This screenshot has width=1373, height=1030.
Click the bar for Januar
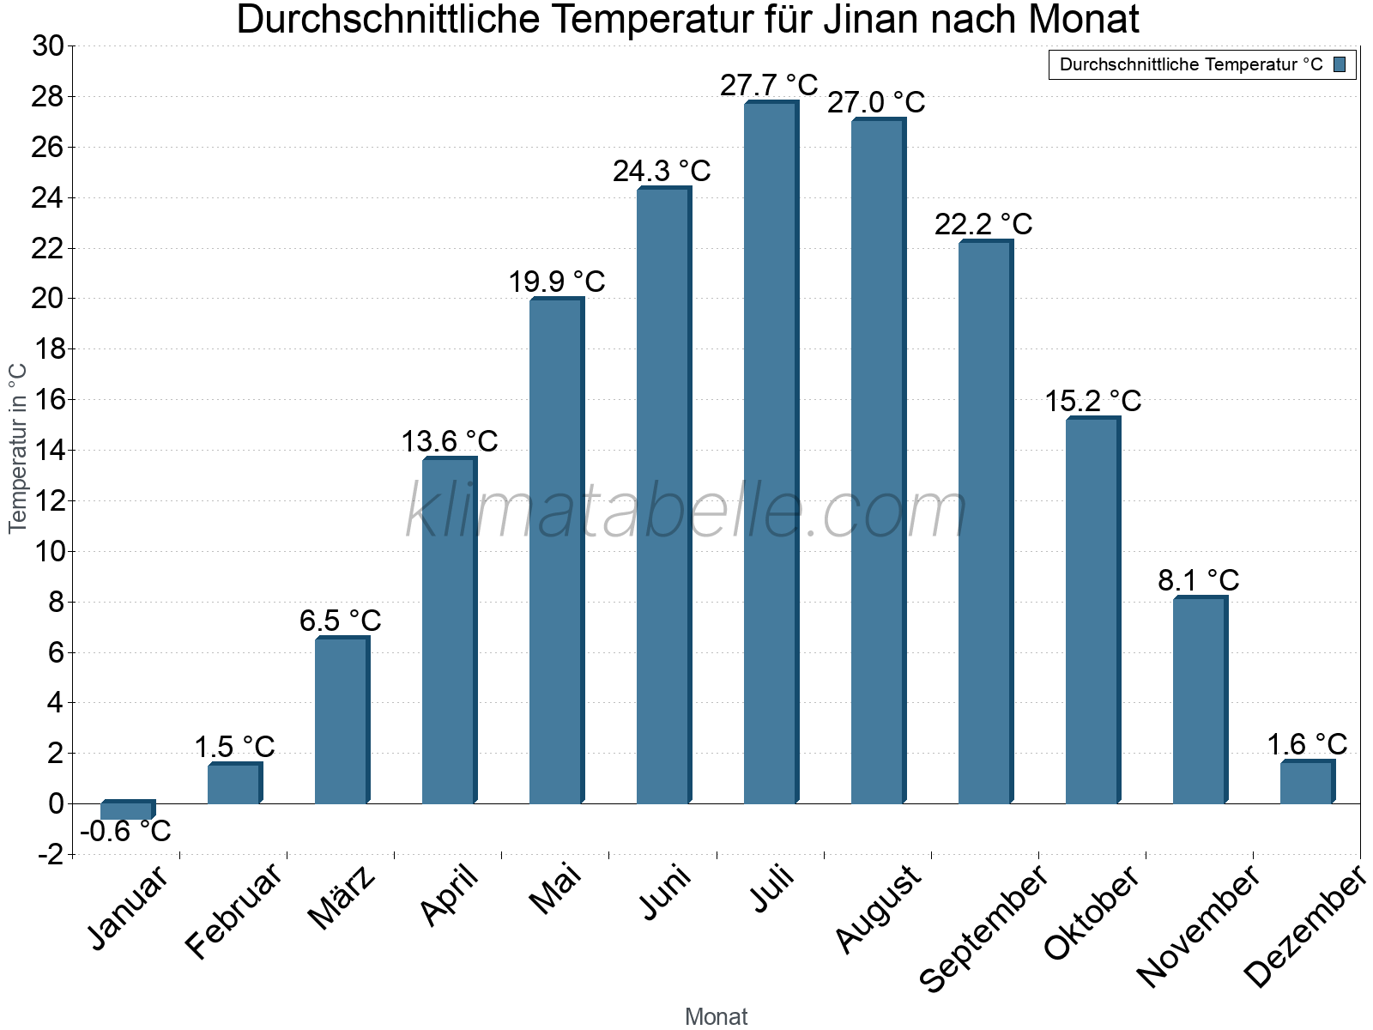pyautogui.click(x=126, y=810)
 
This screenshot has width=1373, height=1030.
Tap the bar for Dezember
pyautogui.click(x=1306, y=782)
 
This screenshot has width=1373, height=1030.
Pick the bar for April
pyautogui.click(x=448, y=631)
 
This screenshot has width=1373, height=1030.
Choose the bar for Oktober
pyautogui.click(x=1092, y=610)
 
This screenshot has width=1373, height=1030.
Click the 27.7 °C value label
pyautogui.click(x=769, y=86)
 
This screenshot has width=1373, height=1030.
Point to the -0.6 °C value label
pyautogui.click(x=125, y=831)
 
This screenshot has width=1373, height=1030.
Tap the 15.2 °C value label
pyautogui.click(x=1092, y=401)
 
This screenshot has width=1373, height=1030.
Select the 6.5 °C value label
pyautogui.click(x=340, y=621)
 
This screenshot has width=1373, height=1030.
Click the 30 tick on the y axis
pyautogui.click(x=48, y=46)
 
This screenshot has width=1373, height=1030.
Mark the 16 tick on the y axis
pyautogui.click(x=48, y=400)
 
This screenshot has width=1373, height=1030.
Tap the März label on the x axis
pyautogui.click(x=342, y=898)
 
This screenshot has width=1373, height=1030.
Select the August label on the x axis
pyautogui.click(x=878, y=910)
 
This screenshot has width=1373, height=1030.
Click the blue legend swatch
pyautogui.click(x=1340, y=64)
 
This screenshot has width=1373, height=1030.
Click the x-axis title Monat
pyautogui.click(x=717, y=1017)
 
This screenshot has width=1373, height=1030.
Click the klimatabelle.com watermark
pyautogui.click(x=686, y=512)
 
